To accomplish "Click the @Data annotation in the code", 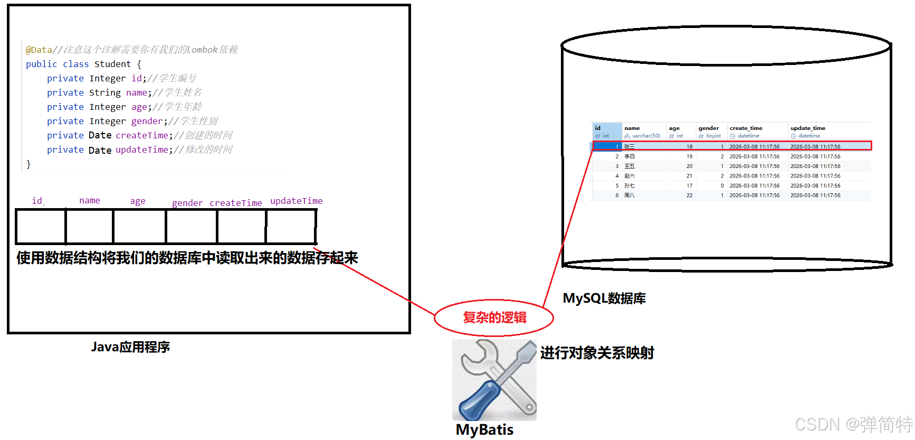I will click(x=39, y=50).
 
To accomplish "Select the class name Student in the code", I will click(x=112, y=64).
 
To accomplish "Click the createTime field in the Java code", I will click(x=142, y=135).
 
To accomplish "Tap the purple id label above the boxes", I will click(x=37, y=201).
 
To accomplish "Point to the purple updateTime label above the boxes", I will click(x=296, y=201).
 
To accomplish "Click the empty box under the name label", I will click(x=89, y=227).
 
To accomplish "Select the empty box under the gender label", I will click(x=191, y=227).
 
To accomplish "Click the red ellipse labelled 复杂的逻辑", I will click(x=494, y=317).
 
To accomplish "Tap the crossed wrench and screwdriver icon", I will click(x=494, y=380).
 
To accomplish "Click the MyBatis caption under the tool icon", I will click(x=484, y=429).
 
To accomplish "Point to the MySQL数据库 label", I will click(x=604, y=298).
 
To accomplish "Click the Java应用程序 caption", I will click(x=130, y=347).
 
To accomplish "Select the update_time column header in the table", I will click(x=807, y=128).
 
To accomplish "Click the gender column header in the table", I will click(x=708, y=128).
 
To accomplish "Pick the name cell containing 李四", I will click(x=630, y=157).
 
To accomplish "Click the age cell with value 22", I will click(x=689, y=195).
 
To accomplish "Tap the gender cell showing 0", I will click(x=722, y=186).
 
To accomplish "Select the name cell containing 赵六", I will click(x=630, y=176).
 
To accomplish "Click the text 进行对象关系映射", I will click(x=597, y=353).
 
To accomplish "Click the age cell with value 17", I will click(x=689, y=186).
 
